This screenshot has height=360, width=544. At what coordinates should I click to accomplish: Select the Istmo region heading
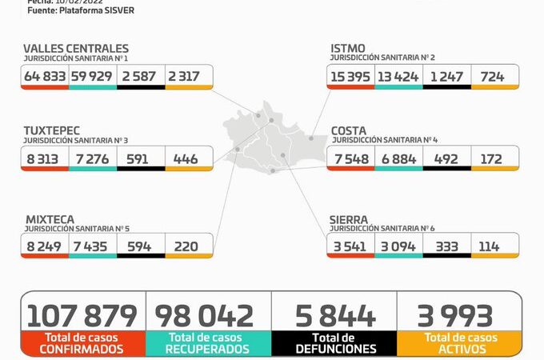coord(349,49)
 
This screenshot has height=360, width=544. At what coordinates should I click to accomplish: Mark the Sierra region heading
coord(349,219)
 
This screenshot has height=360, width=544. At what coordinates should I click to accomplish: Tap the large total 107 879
coord(84,315)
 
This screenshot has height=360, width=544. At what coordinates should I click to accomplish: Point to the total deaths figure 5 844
coord(334,315)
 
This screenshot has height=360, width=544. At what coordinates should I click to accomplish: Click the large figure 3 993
coord(458,315)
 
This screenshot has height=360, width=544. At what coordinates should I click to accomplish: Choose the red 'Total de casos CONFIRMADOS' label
coord(84,343)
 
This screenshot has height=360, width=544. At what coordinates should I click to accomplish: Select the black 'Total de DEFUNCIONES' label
coord(334,343)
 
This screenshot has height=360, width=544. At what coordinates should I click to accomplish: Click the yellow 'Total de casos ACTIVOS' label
coord(458,343)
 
